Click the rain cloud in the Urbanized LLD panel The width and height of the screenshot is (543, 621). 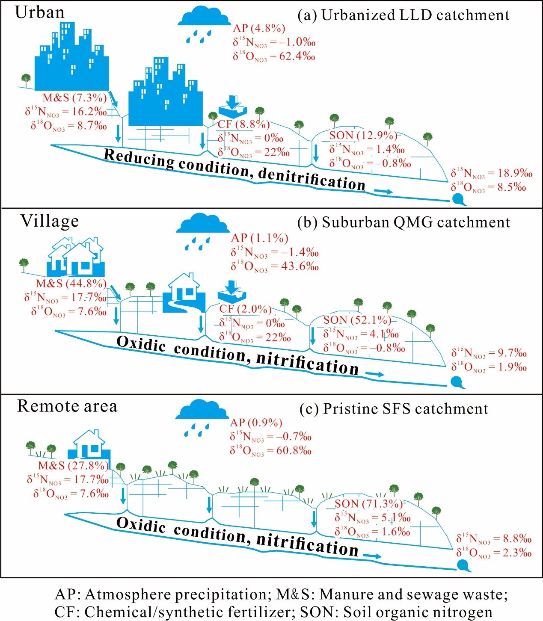click(204, 18)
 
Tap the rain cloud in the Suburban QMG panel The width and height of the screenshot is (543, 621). click(202, 225)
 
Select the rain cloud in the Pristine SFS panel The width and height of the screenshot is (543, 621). click(202, 411)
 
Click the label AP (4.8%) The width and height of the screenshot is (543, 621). click(259, 28)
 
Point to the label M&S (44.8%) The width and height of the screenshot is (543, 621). click(71, 284)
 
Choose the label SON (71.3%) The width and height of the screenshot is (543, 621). click(368, 504)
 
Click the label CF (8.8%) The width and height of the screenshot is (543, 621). click(243, 124)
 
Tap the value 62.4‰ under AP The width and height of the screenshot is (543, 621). click(297, 56)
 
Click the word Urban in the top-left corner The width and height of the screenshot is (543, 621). click(39, 12)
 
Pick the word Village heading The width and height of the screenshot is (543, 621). click(50, 221)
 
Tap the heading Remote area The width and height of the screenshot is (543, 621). click(67, 406)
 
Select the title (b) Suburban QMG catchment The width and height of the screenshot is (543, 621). click(404, 222)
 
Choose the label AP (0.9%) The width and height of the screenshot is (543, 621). click(256, 423)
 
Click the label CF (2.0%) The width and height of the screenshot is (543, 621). click(245, 309)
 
